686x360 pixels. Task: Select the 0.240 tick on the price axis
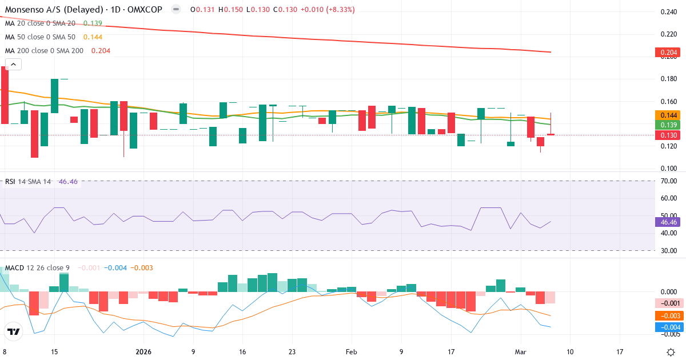coord(668,12)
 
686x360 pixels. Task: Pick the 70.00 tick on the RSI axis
coord(668,181)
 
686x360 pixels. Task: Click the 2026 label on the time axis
coord(144,351)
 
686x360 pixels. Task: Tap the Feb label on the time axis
coord(352,351)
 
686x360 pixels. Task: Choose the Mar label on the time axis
coord(520,351)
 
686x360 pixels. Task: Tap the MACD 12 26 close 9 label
coord(38,267)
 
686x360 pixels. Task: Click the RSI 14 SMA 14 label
coord(28,181)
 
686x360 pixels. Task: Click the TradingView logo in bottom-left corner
coord(13,331)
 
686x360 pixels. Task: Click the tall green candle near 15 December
coord(55,96)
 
